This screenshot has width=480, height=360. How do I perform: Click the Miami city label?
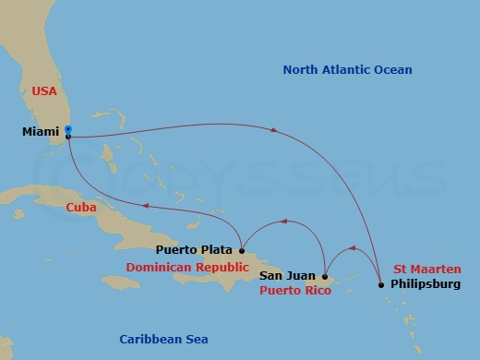click(40, 133)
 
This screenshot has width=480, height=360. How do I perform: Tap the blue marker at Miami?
click(68, 130)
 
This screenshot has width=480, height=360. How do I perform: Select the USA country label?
click(44, 91)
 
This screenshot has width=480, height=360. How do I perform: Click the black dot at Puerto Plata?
click(241, 249)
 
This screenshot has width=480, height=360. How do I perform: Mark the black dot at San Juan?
click(325, 275)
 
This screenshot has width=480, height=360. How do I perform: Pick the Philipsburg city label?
click(425, 284)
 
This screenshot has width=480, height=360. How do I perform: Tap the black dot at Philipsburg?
click(382, 285)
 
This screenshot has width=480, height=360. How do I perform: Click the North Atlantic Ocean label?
click(347, 70)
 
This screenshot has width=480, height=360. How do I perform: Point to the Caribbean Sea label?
click(163, 339)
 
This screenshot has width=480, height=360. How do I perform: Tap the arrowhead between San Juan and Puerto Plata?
click(282, 222)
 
